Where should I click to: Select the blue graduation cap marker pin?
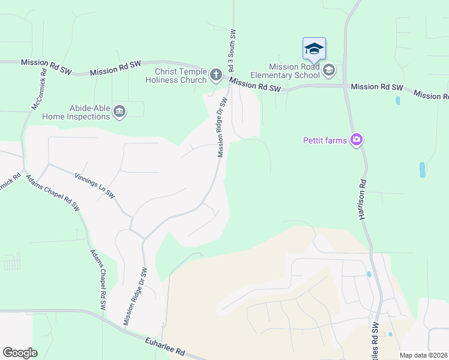pos(314,49)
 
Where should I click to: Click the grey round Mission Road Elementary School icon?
pos(328,71)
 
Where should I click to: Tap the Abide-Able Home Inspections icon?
pos(119,111)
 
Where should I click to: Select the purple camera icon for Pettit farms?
pos(357,140)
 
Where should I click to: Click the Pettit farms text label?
pos(324,140)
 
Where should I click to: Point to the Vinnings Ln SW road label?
pos(95,186)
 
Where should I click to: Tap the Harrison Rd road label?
pos(363,198)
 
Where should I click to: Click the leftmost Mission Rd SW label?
pos(46,67)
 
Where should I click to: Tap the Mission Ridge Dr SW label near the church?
pos(223,127)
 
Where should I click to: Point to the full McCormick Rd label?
pos(40,92)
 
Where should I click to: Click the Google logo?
pos(20,353)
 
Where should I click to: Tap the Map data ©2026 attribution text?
pos(424,355)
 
